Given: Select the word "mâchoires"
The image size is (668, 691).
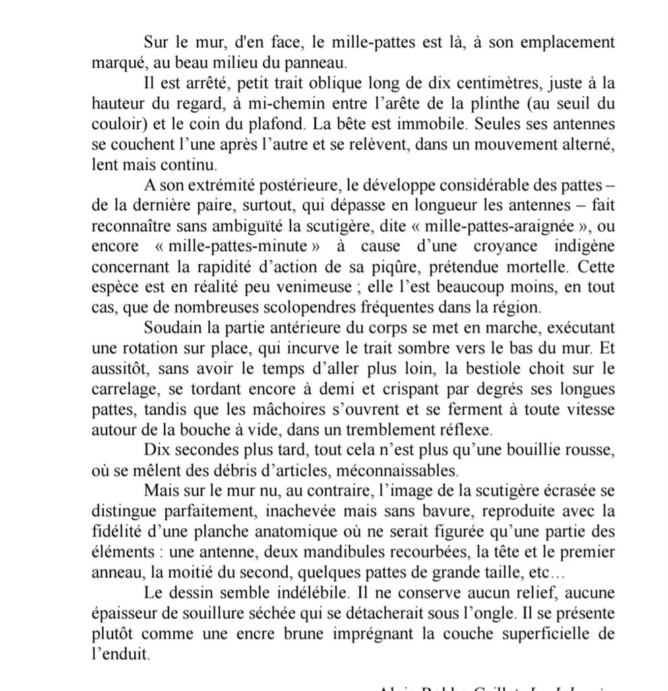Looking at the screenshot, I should (303, 410).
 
